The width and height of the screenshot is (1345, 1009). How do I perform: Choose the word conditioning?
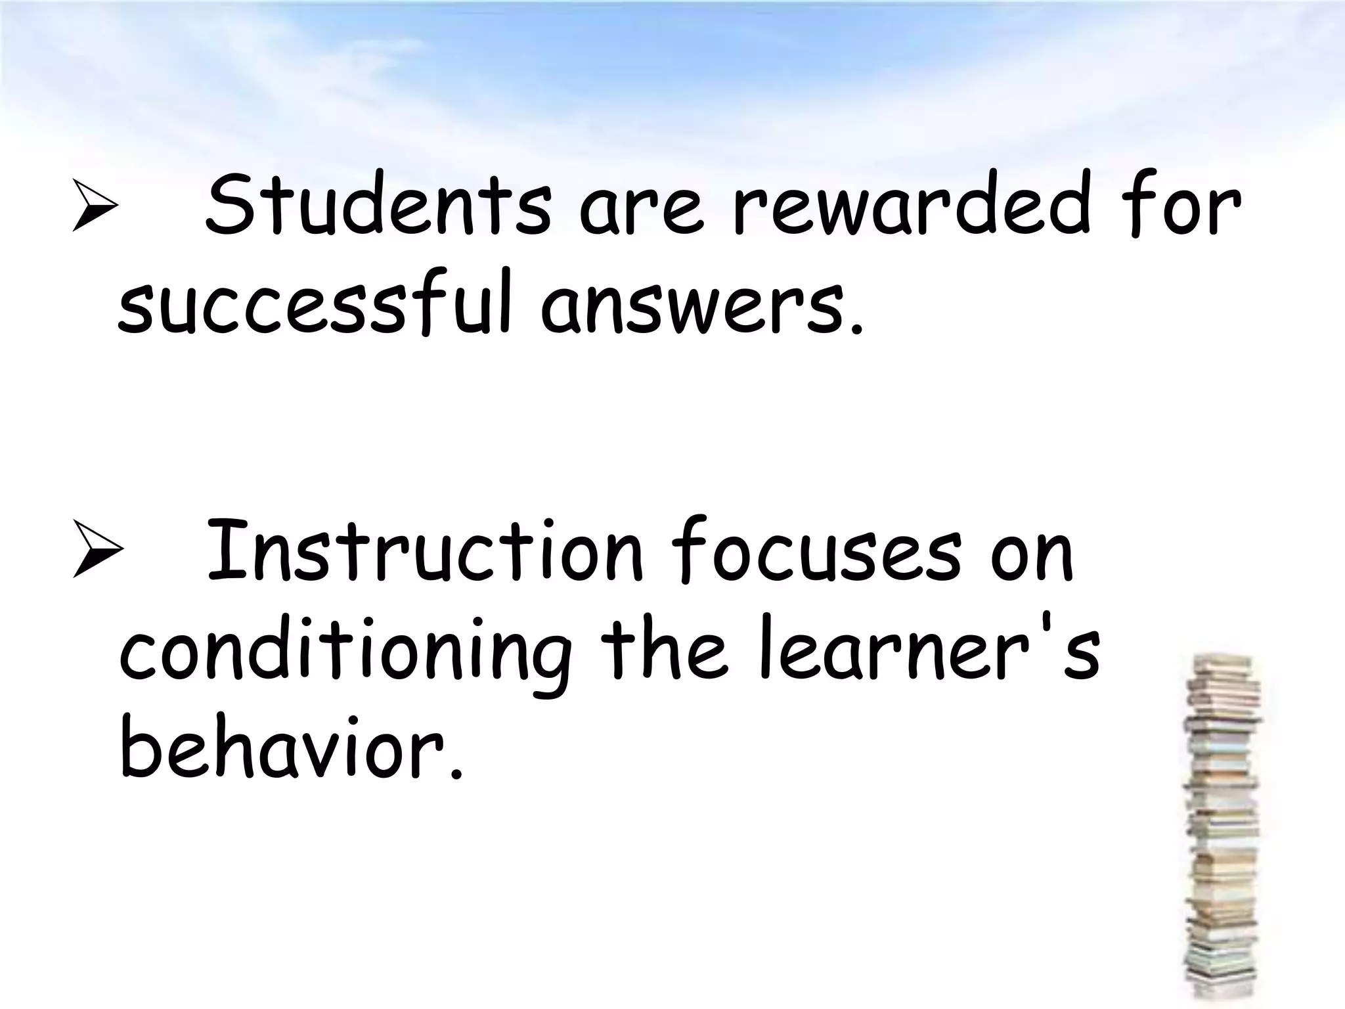click(x=345, y=657)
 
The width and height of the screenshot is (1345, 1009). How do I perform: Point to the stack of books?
click(x=1222, y=828)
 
